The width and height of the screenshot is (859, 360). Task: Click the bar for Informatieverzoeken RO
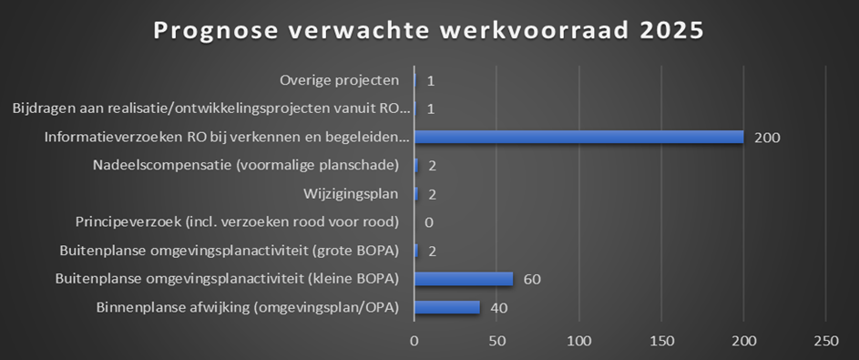click(578, 138)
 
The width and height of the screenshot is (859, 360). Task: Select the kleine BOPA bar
click(464, 279)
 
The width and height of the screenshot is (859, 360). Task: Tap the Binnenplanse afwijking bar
click(447, 307)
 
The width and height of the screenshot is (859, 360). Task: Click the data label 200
click(768, 138)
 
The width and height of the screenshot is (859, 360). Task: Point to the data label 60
click(532, 279)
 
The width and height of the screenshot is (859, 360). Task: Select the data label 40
click(498, 307)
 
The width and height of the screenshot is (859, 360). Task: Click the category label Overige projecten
click(339, 81)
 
